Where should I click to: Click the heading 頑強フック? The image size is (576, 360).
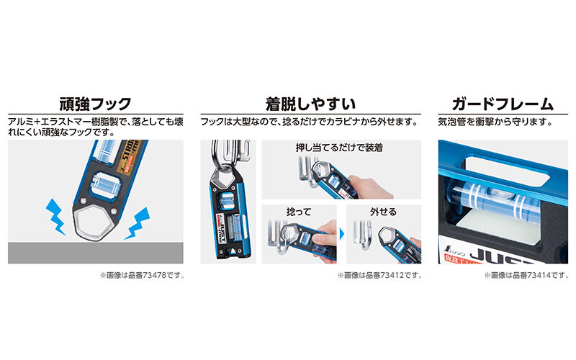pos(95,102)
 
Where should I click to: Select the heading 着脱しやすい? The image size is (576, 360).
pos(310,102)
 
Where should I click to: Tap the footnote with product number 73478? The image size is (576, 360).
pos(142,275)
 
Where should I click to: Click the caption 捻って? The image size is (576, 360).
pos(298,212)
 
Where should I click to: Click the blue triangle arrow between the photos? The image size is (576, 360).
pos(342,236)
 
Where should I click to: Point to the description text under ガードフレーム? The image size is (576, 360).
pos(495,122)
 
